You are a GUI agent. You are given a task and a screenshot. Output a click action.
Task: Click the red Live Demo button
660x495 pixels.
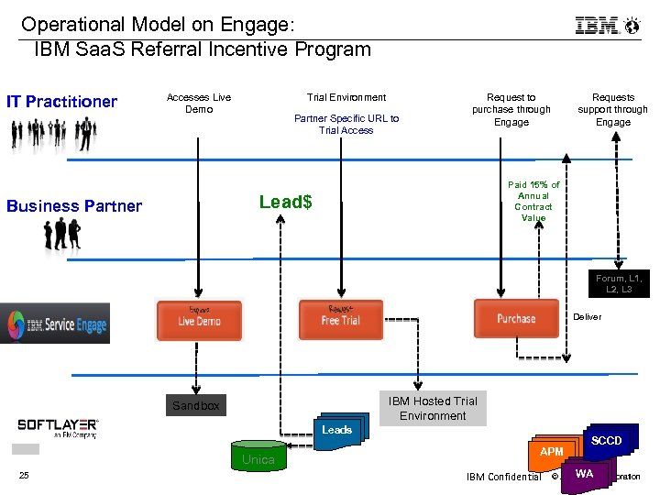(x=199, y=320)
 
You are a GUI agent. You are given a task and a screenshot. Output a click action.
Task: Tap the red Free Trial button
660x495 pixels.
(x=340, y=320)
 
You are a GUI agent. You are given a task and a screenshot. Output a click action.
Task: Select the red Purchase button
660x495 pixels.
(x=515, y=319)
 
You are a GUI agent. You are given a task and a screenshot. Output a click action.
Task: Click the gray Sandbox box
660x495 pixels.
(x=196, y=405)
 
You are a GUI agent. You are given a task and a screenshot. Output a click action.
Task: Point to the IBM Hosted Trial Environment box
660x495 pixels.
(x=433, y=408)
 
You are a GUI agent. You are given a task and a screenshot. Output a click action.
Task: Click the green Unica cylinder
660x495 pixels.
(x=258, y=457)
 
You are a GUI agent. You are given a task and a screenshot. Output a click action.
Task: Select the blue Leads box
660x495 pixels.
(x=336, y=430)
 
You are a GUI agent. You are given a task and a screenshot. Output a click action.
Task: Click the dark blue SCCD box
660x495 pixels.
(x=606, y=441)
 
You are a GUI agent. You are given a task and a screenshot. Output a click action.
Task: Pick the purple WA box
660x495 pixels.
(x=585, y=474)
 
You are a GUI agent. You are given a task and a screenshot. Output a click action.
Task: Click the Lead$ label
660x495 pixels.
(x=285, y=202)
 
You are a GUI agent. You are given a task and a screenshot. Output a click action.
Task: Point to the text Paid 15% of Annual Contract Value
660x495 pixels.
(x=533, y=202)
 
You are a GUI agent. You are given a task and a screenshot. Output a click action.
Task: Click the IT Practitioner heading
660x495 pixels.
(x=62, y=102)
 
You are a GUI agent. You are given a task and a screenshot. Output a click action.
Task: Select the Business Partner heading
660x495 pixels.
(x=74, y=206)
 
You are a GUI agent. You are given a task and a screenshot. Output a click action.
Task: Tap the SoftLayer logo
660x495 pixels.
(x=58, y=428)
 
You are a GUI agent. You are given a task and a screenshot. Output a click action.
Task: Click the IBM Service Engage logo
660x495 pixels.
(x=55, y=324)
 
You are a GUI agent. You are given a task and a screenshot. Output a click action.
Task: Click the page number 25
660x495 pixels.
(x=24, y=475)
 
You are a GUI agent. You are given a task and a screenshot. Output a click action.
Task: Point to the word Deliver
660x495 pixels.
(x=588, y=317)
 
